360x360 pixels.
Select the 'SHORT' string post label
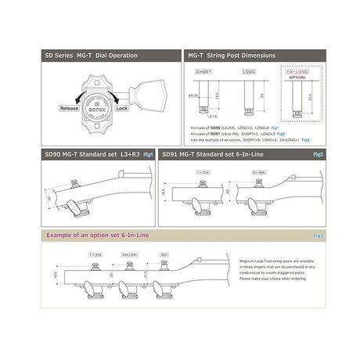click(x=203, y=71)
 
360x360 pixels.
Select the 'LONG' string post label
click(x=248, y=71)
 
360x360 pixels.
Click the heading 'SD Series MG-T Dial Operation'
click(x=91, y=56)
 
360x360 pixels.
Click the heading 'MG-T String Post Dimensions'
click(x=235, y=56)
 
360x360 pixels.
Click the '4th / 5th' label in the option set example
click(x=130, y=255)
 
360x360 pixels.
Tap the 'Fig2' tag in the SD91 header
click(x=318, y=155)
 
